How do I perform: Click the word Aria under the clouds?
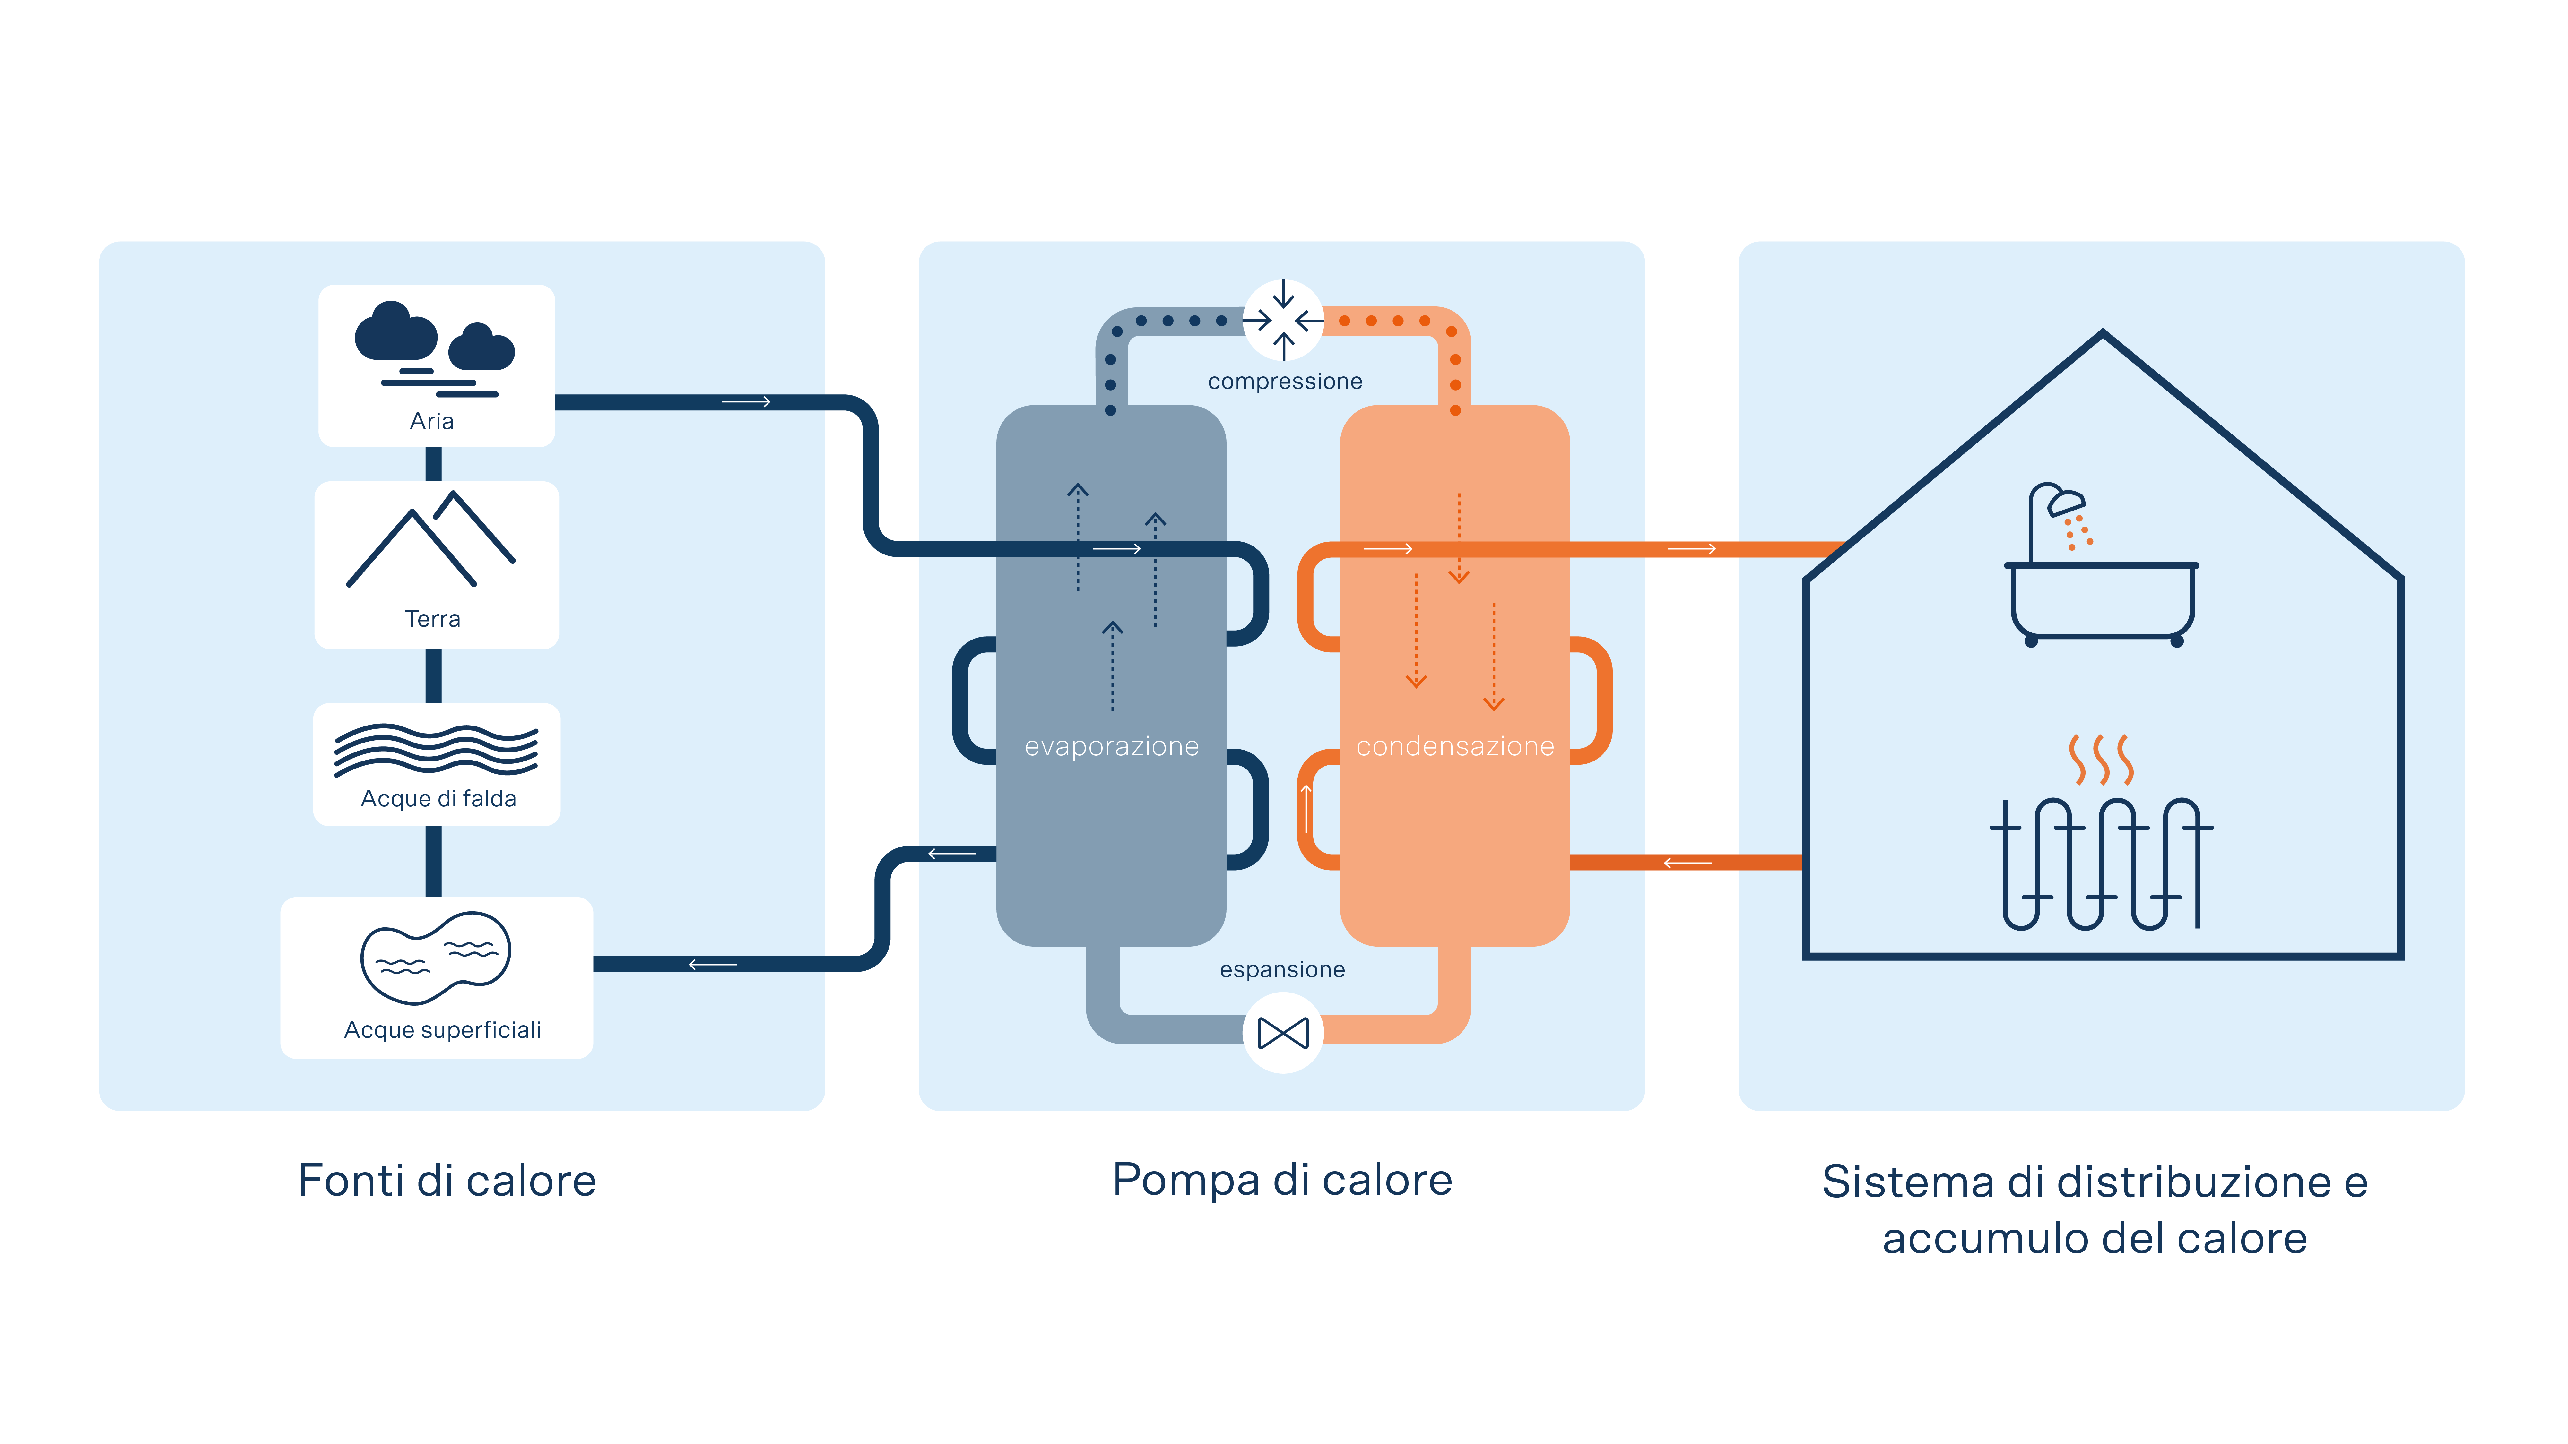tap(432, 422)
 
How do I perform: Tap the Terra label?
tap(433, 619)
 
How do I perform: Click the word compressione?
tap(1285, 382)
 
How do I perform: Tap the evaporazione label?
tap(1112, 746)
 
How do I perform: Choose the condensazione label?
tap(1455, 746)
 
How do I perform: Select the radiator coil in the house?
tap(2102, 863)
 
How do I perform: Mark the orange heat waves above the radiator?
tap(2102, 759)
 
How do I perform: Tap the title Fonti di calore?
tap(447, 1181)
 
